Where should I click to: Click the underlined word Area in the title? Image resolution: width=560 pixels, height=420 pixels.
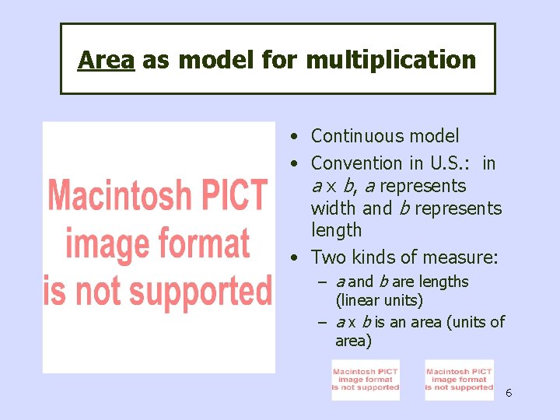[106, 60]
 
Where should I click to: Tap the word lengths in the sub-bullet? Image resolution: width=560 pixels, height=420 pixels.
[443, 282]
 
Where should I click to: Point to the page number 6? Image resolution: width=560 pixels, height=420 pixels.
[509, 393]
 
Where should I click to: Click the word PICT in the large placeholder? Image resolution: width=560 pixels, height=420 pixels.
[229, 195]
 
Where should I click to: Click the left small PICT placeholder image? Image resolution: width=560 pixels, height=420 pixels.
[366, 380]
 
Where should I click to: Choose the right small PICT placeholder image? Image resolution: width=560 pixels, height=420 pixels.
[460, 380]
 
